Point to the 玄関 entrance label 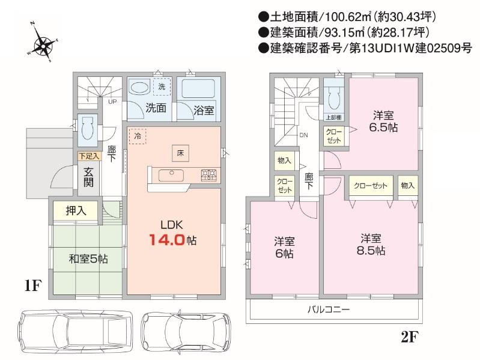coord(88,175)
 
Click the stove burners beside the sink coord(208,175)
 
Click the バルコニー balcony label coord(329,310)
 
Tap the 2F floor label coord(409,337)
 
